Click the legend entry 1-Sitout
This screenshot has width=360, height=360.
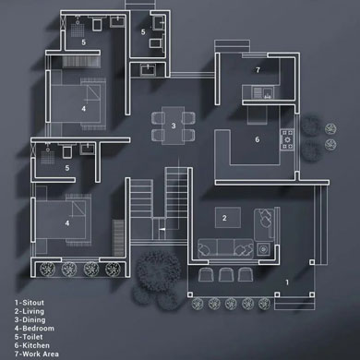point(30,303)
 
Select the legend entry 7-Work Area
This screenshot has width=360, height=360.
point(37,354)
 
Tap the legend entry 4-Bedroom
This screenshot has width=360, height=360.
point(34,329)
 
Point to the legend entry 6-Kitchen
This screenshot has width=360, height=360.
point(32,345)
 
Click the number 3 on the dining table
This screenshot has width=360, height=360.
point(174,126)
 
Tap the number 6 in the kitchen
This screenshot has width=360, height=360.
point(258,139)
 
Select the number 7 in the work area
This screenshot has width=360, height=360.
point(258,70)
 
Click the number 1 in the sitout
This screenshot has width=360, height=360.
point(287,282)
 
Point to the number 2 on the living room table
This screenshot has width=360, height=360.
point(224,218)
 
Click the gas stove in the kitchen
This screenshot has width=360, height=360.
point(287,140)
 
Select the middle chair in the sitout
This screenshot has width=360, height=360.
point(226,274)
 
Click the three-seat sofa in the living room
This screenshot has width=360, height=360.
point(226,248)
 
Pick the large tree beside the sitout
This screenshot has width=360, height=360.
point(159,270)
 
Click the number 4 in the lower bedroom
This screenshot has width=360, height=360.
point(67,223)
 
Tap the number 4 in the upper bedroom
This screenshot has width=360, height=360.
point(84,109)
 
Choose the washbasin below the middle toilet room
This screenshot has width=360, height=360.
point(149,70)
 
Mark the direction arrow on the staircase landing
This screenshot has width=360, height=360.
point(162,229)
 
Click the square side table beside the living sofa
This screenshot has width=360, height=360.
point(263,248)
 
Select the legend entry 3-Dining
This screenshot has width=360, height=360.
point(30,319)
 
